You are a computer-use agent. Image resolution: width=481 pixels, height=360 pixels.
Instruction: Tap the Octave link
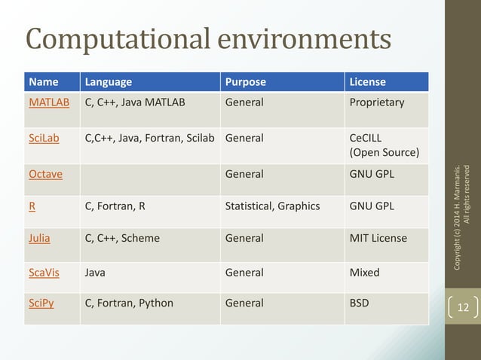click(x=45, y=174)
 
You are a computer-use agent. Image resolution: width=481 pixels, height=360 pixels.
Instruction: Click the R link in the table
click(x=32, y=206)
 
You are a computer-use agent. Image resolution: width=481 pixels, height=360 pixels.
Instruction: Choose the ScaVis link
click(x=44, y=272)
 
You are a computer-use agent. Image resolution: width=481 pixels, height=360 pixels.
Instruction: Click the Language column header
click(x=109, y=81)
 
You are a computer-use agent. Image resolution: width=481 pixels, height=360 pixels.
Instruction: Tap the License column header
click(x=368, y=81)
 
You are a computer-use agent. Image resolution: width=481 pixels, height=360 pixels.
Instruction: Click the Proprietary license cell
click(x=377, y=102)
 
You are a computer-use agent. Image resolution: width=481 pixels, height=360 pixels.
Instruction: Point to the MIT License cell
click(x=378, y=238)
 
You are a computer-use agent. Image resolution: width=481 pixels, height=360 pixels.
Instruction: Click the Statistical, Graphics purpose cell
click(x=272, y=206)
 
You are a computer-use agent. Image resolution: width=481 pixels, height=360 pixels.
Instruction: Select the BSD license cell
click(x=360, y=303)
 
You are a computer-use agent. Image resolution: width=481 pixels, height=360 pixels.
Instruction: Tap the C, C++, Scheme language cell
click(x=122, y=238)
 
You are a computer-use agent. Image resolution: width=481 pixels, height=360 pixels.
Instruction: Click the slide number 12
click(x=463, y=307)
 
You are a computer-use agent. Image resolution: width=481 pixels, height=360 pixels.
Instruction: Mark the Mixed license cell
click(x=365, y=272)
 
